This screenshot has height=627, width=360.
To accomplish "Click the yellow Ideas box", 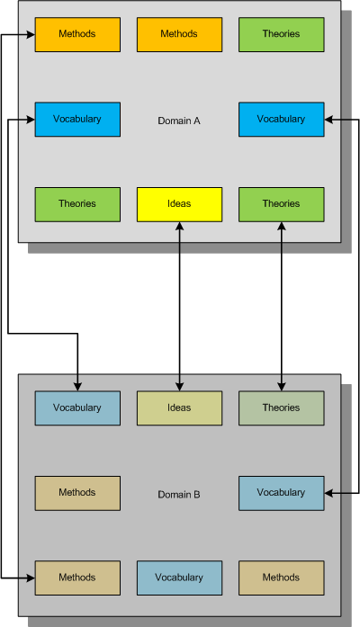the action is (179, 204).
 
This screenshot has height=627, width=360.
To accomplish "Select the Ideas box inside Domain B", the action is (179, 408).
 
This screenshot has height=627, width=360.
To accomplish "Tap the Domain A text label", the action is (179, 121).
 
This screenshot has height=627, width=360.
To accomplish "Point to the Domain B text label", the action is (179, 495).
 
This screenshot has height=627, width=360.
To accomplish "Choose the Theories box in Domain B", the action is (281, 408).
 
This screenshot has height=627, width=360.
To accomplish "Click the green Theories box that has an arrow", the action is (281, 204).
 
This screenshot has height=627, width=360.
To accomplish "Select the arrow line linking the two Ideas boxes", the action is (179, 306).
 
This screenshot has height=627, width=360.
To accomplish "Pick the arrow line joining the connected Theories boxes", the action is (281, 306).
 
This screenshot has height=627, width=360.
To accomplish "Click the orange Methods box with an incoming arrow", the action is (77, 34).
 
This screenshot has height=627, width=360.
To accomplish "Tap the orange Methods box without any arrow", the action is (179, 34).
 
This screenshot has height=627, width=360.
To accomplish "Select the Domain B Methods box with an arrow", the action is (77, 578).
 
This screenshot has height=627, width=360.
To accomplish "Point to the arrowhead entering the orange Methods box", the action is (31, 35).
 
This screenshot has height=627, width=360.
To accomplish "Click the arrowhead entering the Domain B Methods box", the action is (31, 578).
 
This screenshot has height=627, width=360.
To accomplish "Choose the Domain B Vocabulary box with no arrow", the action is (179, 578).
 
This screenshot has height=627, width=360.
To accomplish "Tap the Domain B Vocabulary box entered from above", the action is (77, 408).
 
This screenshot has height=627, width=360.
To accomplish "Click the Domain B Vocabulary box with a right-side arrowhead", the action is (281, 493).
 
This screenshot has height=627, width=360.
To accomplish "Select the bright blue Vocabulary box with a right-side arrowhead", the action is (281, 119).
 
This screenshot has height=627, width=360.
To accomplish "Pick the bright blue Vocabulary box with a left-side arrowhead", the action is (77, 119).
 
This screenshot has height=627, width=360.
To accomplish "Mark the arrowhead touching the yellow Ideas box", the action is (179, 227).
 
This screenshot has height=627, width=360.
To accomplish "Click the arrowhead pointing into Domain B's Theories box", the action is (281, 387).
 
